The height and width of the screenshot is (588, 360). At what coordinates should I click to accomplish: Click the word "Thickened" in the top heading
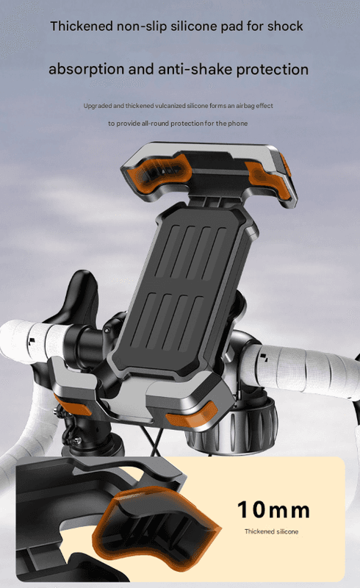[x=82, y=26]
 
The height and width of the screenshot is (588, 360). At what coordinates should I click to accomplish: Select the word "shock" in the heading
[x=285, y=26]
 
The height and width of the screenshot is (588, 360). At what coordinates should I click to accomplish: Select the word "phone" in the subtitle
[x=238, y=123]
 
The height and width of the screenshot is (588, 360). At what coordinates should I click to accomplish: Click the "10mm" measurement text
[x=273, y=509]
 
